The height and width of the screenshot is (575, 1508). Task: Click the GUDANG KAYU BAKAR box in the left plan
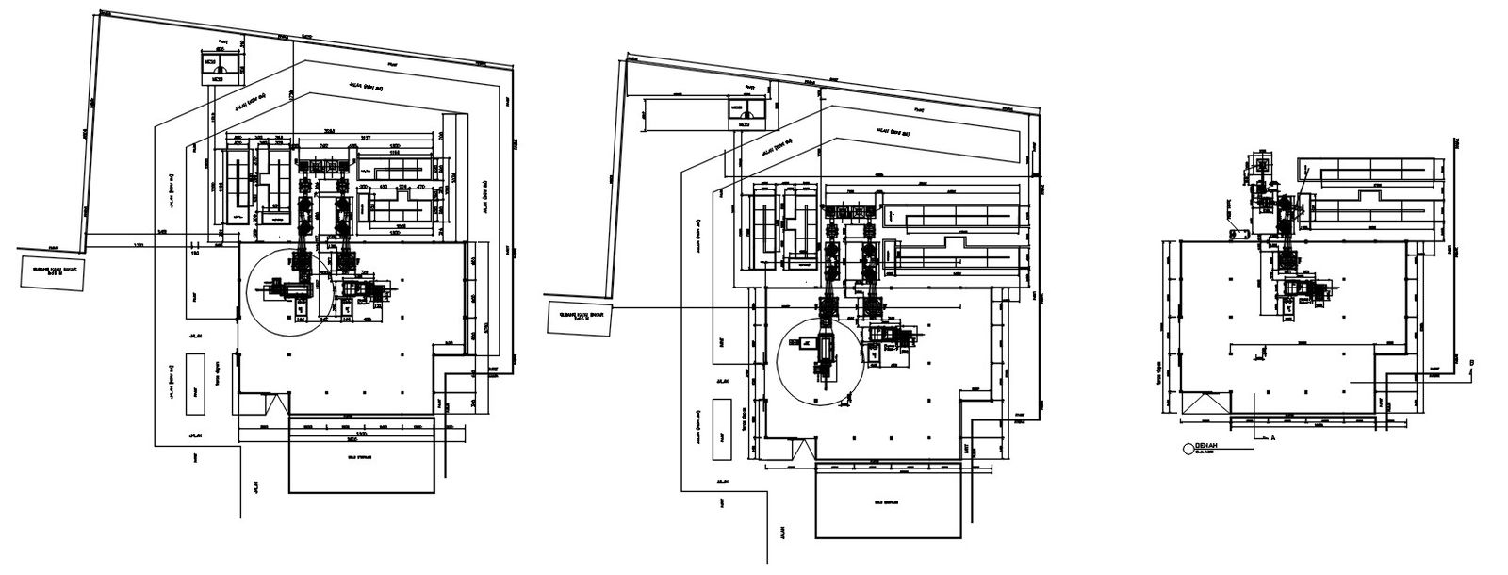[53, 272]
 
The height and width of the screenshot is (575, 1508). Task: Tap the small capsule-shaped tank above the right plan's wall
[1243, 233]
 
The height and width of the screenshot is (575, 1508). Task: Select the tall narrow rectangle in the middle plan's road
[721, 429]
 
